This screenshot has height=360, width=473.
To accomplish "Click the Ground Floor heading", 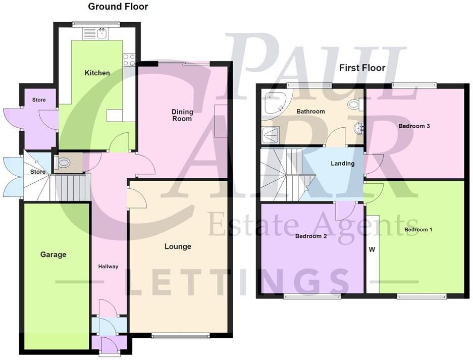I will [x=118, y=7].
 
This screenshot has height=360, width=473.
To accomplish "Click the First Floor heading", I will [x=362, y=68].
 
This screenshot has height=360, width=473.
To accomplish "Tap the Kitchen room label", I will [x=97, y=73].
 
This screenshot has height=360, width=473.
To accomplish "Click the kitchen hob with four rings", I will [x=129, y=60].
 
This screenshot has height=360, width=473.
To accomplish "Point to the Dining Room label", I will [x=182, y=116].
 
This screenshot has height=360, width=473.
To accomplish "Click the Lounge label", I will [x=178, y=247].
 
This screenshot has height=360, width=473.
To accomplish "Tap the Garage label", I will [x=54, y=255].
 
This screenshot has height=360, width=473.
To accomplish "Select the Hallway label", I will [x=108, y=267].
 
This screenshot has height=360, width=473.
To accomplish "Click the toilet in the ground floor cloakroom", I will [x=64, y=163].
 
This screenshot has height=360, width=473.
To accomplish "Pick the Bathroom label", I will [x=310, y=112].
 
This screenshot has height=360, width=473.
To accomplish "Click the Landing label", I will [x=343, y=164].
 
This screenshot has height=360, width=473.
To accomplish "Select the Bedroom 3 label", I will [x=414, y=126].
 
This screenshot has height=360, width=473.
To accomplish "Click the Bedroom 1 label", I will [x=418, y=230].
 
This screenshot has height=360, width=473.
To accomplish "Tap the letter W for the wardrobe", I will [x=373, y=249].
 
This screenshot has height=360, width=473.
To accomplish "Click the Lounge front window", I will [x=180, y=336].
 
